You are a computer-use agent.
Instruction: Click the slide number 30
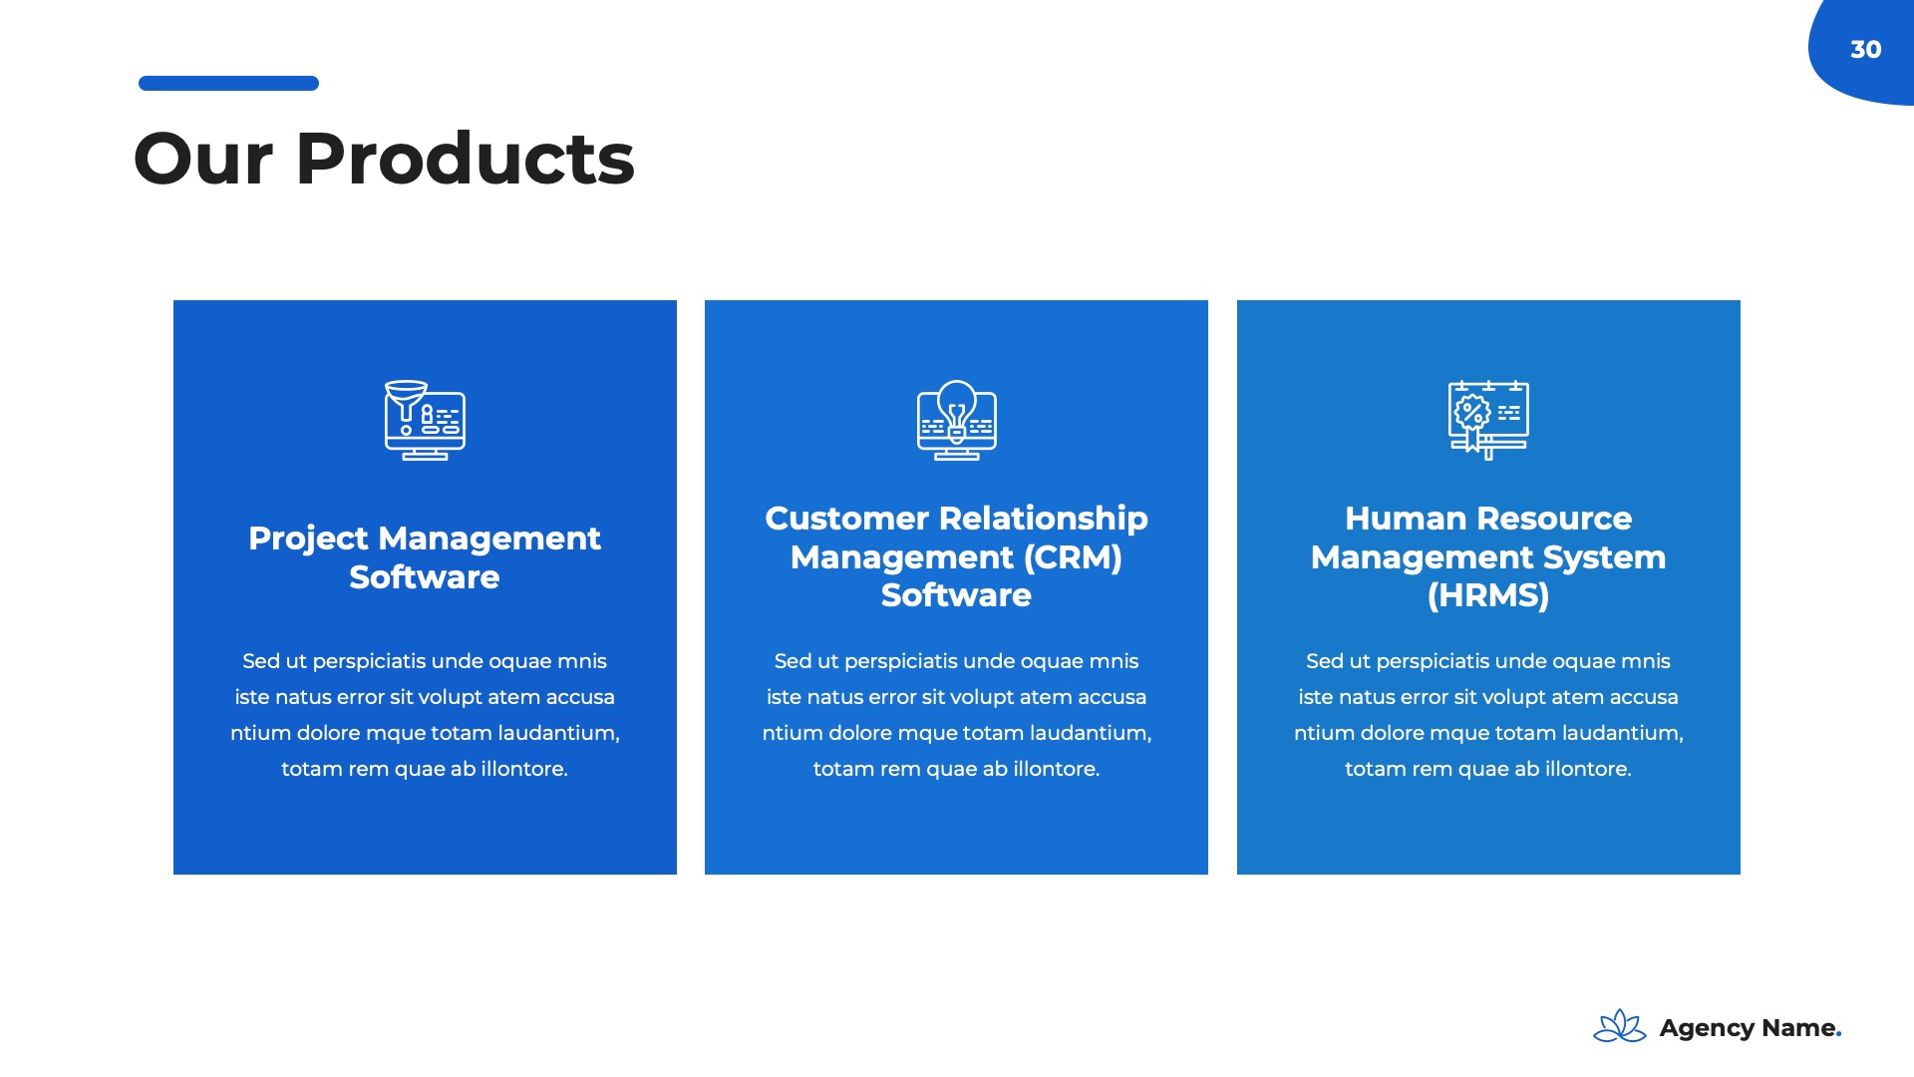(1865, 50)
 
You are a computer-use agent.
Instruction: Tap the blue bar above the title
(228, 84)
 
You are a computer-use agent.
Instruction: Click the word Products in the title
(465, 159)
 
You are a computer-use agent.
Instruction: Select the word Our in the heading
(203, 159)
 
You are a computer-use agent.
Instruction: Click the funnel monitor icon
(425, 420)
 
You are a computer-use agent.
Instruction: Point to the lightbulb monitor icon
(956, 420)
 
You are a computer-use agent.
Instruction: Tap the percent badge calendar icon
(1488, 420)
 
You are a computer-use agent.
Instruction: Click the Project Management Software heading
(425, 557)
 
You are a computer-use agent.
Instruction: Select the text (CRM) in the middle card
(1073, 557)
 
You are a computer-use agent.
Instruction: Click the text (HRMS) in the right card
(1488, 595)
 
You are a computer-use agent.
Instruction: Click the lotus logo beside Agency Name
(1620, 1026)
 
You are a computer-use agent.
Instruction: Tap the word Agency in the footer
(1707, 1029)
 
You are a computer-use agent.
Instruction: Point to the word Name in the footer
(1799, 1028)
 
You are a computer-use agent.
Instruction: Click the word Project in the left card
(309, 539)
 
